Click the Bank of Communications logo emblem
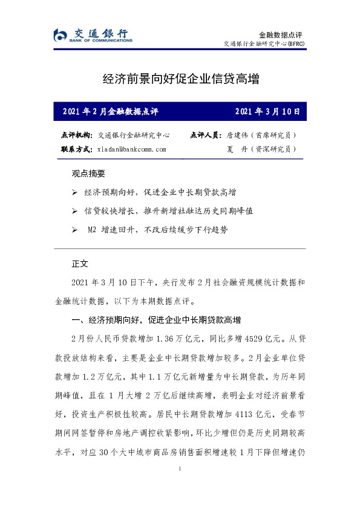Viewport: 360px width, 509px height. pyautogui.click(x=61, y=36)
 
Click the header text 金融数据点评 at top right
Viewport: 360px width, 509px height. pyautogui.click(x=280, y=35)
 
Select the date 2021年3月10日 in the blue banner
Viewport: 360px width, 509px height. pyautogui.click(x=266, y=111)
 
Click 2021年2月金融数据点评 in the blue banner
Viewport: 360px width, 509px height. pyautogui.click(x=110, y=111)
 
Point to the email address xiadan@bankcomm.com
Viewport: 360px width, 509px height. pyautogui.click(x=131, y=149)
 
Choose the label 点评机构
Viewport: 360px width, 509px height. pyautogui.click(x=76, y=135)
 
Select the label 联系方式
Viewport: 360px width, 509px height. pyautogui.click(x=76, y=149)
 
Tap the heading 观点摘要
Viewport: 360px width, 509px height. pyautogui.click(x=88, y=174)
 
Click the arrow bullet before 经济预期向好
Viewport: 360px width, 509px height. pyautogui.click(x=74, y=192)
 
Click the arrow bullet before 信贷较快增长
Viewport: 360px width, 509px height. pyautogui.click(x=74, y=211)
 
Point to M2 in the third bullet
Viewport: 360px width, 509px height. pyautogui.click(x=93, y=230)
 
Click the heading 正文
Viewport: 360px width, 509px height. pyautogui.click(x=80, y=264)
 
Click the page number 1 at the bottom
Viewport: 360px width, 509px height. pyautogui.click(x=180, y=469)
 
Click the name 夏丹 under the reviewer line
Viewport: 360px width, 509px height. pyautogui.click(x=235, y=149)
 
